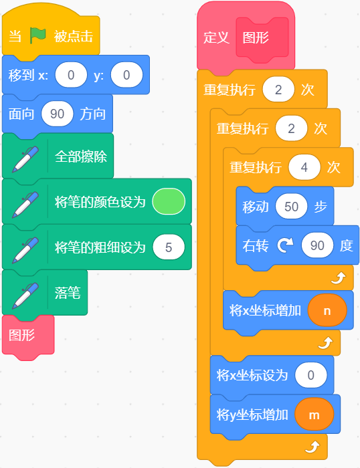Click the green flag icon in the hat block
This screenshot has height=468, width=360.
(x=37, y=35)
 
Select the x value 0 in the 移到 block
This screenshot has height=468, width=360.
(x=71, y=75)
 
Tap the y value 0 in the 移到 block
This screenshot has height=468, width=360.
(x=126, y=75)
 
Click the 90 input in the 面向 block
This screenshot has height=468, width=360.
(x=57, y=114)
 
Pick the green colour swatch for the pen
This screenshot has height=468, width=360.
(x=169, y=201)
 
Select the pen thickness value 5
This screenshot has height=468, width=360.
(x=169, y=247)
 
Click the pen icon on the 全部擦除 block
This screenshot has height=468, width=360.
(x=25, y=159)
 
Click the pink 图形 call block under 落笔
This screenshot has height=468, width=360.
(x=28, y=335)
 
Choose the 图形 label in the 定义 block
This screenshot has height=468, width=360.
(x=256, y=38)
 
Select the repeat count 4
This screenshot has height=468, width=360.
(x=304, y=167)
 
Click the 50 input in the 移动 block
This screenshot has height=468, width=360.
(x=291, y=206)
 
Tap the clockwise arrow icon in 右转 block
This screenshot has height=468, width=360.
(x=285, y=245)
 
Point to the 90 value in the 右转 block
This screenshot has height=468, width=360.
(x=317, y=245)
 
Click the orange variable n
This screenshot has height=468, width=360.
(x=327, y=310)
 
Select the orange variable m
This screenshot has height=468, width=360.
(x=314, y=415)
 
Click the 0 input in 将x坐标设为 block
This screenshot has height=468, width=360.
(x=310, y=375)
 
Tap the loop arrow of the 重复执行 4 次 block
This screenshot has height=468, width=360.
(x=339, y=278)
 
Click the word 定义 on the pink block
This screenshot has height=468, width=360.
(x=216, y=38)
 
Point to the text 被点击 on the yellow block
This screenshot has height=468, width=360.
(x=74, y=36)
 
